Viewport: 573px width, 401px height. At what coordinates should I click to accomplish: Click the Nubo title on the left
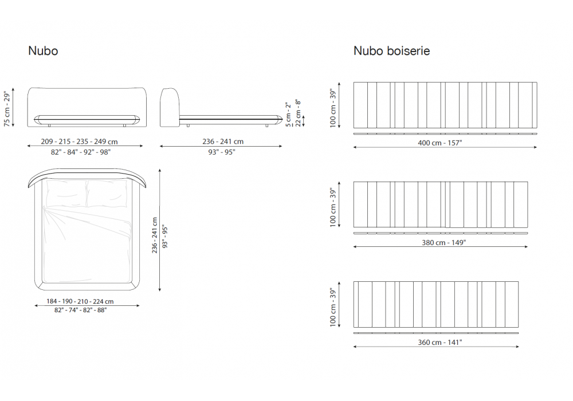point(43,51)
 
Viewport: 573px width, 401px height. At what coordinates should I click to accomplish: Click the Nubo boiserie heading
point(391,51)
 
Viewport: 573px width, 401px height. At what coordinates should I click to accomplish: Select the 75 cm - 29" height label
point(7,109)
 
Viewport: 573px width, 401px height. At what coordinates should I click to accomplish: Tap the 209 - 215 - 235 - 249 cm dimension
point(79,141)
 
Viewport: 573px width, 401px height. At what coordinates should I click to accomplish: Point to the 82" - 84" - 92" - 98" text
point(80,152)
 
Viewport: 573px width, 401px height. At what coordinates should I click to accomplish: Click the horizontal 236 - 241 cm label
point(223,141)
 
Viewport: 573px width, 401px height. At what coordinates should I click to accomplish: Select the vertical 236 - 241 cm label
point(155,235)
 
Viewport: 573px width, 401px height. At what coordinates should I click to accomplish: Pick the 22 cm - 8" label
point(298,113)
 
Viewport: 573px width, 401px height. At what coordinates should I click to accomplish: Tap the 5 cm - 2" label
point(289,115)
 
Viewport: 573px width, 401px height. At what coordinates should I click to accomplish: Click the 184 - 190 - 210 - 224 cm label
point(80,301)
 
